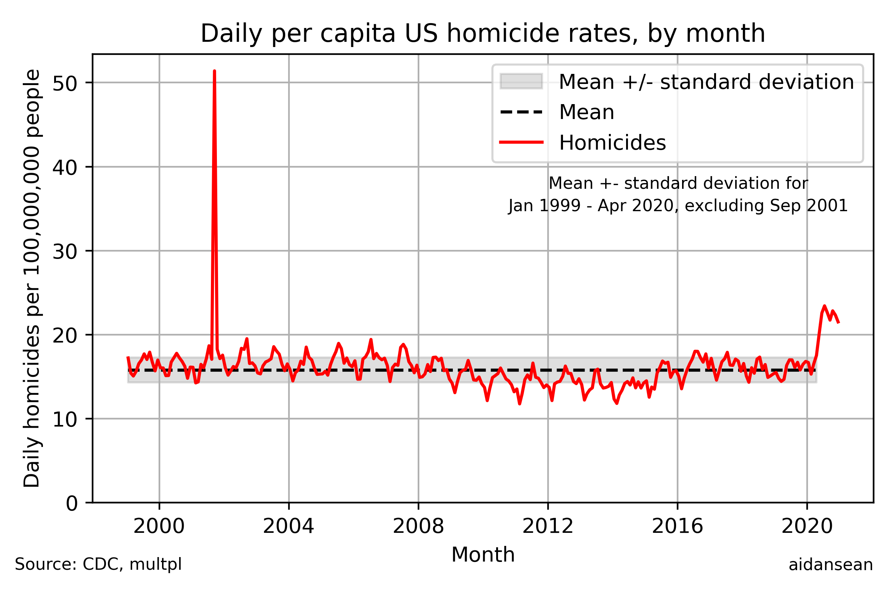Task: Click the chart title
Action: (483, 34)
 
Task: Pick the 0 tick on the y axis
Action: (71, 504)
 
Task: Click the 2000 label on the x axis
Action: (159, 527)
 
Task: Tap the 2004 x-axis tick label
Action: (288, 527)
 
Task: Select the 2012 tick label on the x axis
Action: (548, 527)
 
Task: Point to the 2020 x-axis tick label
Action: (807, 527)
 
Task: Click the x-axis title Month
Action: (483, 555)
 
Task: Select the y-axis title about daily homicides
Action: (32, 278)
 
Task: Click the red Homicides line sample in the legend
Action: (521, 143)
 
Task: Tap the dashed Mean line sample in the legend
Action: (521, 112)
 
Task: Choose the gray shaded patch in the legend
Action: (521, 81)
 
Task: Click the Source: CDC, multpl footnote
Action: (98, 565)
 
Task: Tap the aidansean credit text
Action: (830, 565)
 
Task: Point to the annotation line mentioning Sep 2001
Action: (678, 206)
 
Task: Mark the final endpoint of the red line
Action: (839, 323)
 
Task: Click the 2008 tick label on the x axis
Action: (418, 527)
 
